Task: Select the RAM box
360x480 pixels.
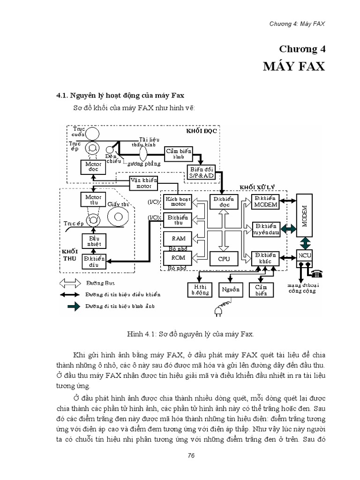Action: (x=174, y=238)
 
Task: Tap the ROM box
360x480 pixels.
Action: (x=174, y=258)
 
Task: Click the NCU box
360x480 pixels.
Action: (x=305, y=256)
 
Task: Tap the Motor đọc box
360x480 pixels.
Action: (x=92, y=167)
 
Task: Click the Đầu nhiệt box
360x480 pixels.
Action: (x=93, y=241)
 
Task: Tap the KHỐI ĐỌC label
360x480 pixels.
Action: (x=202, y=131)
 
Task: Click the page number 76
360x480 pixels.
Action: (x=190, y=456)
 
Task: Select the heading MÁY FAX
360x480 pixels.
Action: (x=294, y=66)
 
